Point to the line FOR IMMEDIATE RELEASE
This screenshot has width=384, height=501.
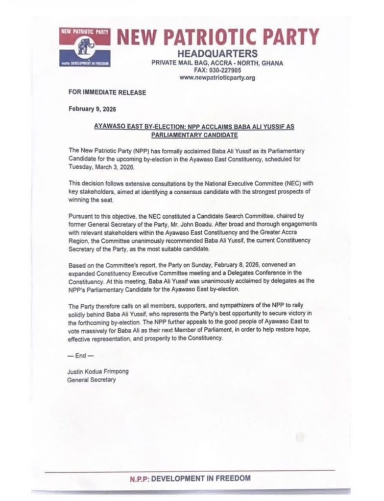107,92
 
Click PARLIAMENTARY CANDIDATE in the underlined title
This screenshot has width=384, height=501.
194,135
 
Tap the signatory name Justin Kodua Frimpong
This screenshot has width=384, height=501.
98,371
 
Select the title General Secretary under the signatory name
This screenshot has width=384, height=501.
92,379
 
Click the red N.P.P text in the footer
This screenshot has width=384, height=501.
140,478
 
